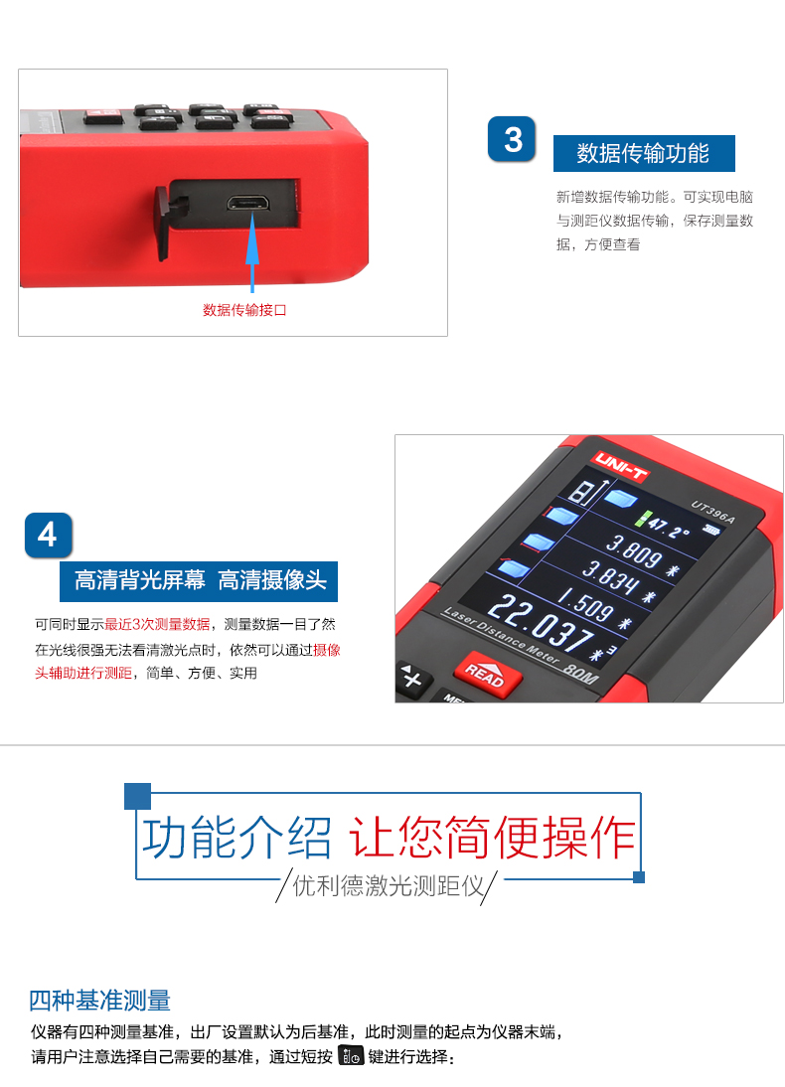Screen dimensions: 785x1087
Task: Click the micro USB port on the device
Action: [247, 203]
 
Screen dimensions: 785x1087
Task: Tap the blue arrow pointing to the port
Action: [252, 252]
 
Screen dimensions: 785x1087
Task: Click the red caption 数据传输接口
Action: [244, 310]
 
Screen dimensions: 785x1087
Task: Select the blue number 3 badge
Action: [512, 139]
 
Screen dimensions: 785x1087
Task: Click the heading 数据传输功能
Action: [643, 153]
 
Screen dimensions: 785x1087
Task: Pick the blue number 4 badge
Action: [48, 536]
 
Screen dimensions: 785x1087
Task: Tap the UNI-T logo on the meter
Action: [621, 465]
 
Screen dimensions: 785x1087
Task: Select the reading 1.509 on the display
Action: [586, 604]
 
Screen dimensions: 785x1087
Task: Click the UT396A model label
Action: [713, 512]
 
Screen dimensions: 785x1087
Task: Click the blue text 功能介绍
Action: [236, 838]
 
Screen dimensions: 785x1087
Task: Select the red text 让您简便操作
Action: [492, 838]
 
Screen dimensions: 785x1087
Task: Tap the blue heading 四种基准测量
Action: [99, 1001]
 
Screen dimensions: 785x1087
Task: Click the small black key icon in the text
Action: [351, 1055]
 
